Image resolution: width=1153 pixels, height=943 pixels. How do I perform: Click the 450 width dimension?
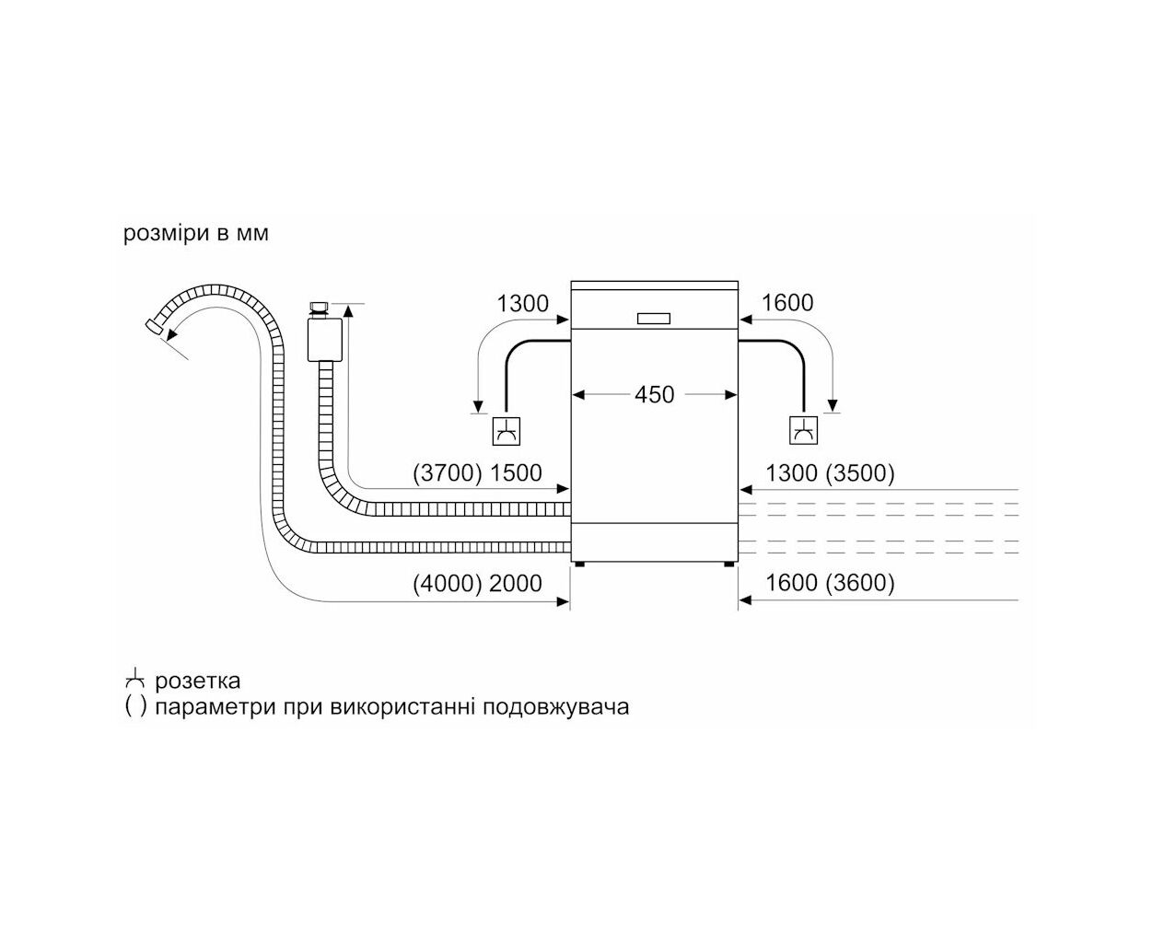654,395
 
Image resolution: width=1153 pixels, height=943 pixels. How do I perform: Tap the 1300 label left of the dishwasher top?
522,303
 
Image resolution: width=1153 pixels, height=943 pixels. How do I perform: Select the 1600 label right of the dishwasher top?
787,302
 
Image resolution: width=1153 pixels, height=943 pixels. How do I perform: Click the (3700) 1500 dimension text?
477,472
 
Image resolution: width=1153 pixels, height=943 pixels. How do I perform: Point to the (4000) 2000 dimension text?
477,583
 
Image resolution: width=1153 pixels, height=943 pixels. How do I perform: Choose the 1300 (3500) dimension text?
830,472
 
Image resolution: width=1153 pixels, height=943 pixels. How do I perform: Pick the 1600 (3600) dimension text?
830,583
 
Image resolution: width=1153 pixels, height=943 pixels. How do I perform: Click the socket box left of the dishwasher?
507,431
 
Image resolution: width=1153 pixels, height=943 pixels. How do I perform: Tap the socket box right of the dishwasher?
804,430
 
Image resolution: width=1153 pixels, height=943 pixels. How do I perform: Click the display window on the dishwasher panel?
654,319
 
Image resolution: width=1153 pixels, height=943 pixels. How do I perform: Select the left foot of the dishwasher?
579,565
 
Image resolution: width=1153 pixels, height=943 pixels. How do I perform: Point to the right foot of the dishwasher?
729,565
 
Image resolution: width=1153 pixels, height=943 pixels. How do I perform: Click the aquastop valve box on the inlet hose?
325,340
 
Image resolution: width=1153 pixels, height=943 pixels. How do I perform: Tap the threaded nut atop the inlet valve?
319,308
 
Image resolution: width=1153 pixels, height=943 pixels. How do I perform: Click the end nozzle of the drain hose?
153,326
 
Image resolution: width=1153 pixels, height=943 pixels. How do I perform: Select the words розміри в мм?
196,233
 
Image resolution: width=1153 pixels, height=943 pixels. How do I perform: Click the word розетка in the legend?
197,681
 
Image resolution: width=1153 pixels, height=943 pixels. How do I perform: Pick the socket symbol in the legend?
134,681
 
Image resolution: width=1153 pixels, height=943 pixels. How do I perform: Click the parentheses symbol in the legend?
135,707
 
